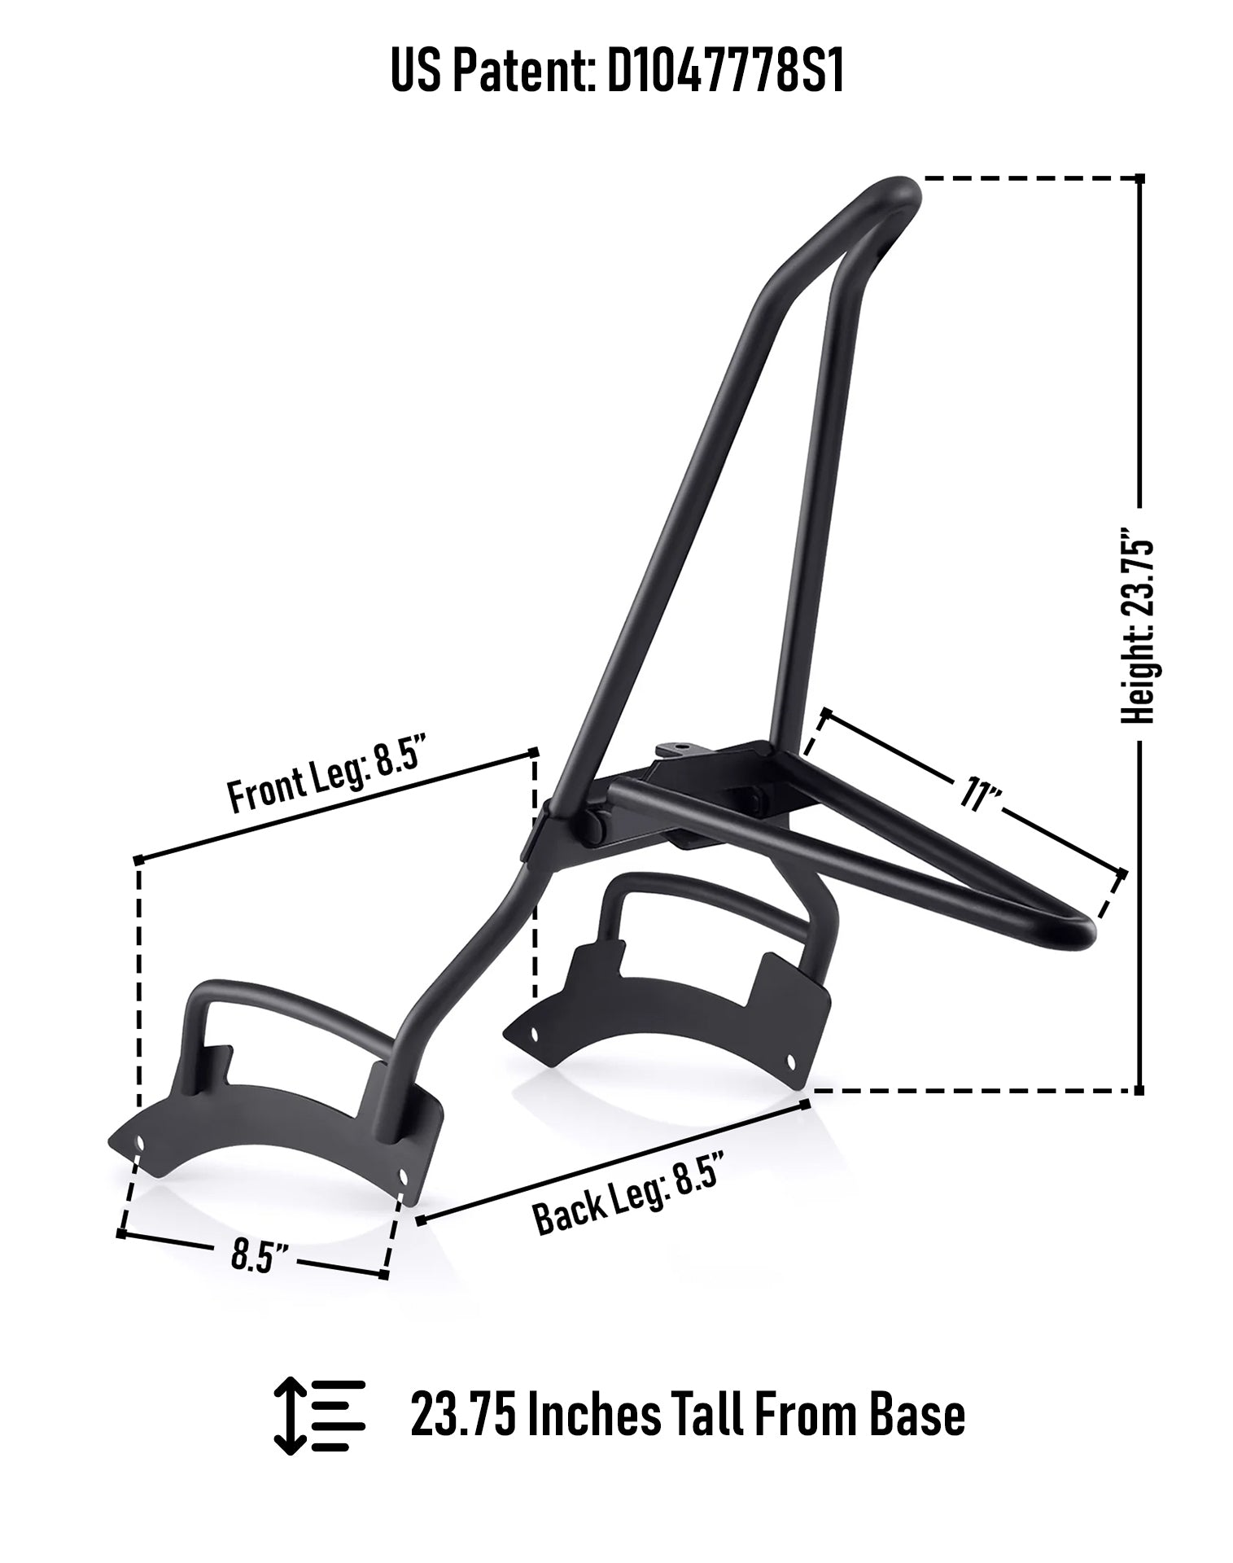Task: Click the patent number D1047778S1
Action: coord(725,72)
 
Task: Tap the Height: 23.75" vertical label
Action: coord(1138,626)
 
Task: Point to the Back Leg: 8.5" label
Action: coord(627,1196)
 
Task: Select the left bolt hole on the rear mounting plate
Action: coord(534,1034)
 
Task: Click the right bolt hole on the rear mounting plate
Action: coord(789,1060)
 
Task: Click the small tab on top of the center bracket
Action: coord(674,746)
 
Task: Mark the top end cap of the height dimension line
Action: coord(1139,177)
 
